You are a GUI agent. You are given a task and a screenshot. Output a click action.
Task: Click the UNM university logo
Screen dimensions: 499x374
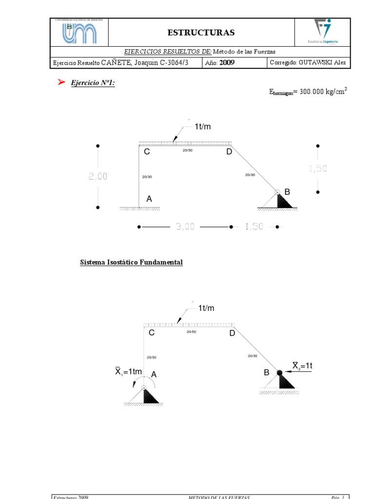click(x=79, y=33)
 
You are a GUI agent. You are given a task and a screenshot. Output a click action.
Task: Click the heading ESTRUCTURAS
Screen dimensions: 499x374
click(x=201, y=33)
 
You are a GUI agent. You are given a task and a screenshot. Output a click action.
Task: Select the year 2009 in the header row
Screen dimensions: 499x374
click(x=227, y=62)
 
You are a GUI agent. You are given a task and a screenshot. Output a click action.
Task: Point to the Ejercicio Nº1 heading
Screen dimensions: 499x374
click(x=93, y=83)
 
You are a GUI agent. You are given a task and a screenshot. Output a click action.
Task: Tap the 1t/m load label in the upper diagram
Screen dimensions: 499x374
click(x=203, y=127)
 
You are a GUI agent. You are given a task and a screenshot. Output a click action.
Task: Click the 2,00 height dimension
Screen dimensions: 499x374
click(x=98, y=177)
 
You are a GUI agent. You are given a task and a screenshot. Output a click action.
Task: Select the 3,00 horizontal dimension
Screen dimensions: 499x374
click(x=185, y=227)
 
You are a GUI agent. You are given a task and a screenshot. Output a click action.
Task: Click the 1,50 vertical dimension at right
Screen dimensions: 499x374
click(x=318, y=169)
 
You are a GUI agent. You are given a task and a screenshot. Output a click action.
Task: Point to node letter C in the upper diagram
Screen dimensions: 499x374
click(x=147, y=152)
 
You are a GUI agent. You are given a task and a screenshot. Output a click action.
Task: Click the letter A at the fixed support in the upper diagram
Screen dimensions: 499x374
click(x=150, y=199)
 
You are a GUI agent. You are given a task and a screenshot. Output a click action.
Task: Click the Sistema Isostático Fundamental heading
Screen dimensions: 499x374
click(x=131, y=263)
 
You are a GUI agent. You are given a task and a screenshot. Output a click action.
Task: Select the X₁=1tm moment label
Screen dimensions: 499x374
click(x=129, y=372)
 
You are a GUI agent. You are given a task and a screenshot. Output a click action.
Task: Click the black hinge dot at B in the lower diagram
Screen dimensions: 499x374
click(x=280, y=373)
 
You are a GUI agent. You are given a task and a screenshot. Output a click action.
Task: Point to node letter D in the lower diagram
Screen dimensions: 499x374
click(x=232, y=333)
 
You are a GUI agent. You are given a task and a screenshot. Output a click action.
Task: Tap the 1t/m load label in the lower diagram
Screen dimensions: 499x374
click(x=206, y=308)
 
